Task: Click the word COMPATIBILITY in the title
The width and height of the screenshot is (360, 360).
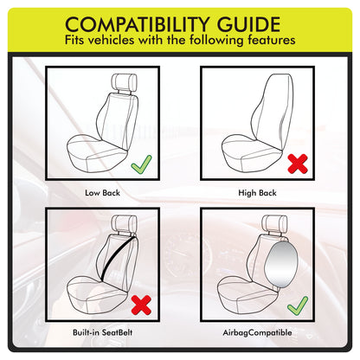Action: point(137,24)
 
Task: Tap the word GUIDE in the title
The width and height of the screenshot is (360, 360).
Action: point(248,24)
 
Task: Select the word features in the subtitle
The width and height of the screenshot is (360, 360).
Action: point(272,40)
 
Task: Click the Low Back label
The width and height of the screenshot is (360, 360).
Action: point(102,193)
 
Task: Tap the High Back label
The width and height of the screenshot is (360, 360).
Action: point(257,193)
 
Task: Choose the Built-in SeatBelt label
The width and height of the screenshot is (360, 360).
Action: point(103,332)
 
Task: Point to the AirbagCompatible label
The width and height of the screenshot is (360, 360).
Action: point(257,332)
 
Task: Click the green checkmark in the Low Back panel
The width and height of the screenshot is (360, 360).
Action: point(141,165)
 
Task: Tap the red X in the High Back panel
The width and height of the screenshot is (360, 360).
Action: point(298,164)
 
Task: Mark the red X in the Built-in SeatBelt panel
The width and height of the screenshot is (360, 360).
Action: point(141,305)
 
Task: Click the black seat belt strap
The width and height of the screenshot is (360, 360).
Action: point(118,259)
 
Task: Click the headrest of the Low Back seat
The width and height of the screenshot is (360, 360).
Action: point(124,82)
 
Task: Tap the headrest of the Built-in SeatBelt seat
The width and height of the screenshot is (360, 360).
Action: point(124,223)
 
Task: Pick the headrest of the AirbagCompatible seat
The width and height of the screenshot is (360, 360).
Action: point(274,223)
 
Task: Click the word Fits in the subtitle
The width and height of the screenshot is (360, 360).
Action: point(74,40)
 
